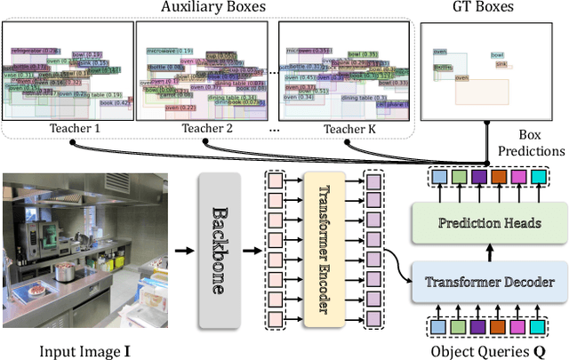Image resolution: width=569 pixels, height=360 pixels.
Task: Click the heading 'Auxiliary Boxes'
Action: click(212, 9)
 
